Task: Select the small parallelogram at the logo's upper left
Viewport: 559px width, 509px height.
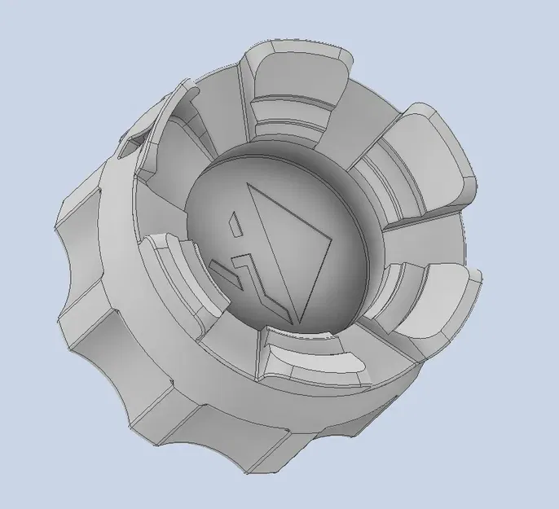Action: (x=233, y=219)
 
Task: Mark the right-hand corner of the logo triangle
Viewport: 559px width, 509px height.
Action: (x=333, y=239)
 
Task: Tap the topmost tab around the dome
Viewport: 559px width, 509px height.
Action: (x=298, y=90)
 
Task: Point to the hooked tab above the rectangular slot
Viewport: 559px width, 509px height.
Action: (x=175, y=114)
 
